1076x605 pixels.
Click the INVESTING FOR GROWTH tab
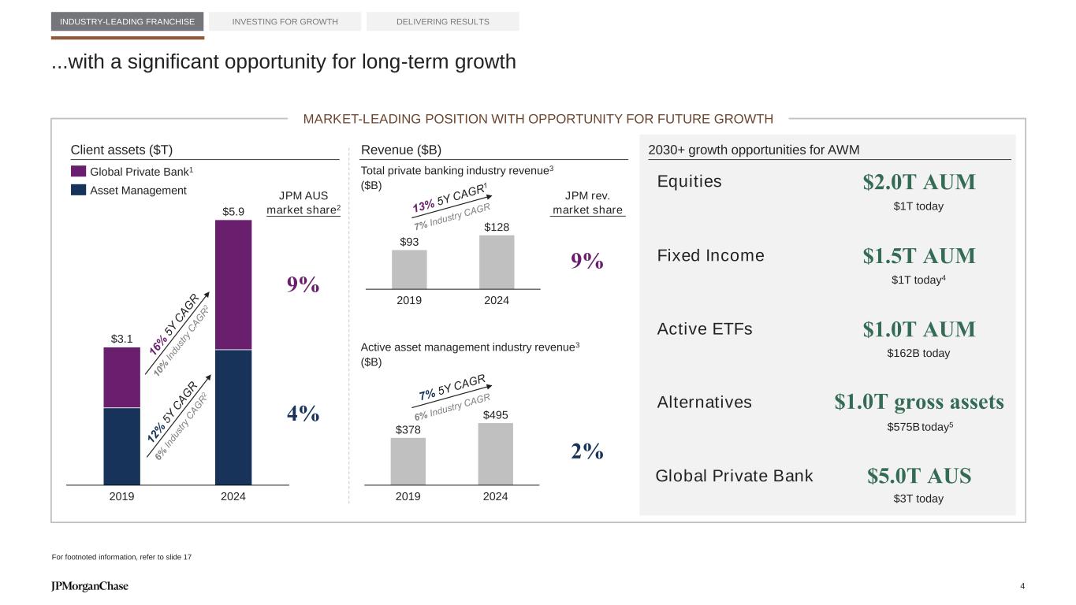(285, 21)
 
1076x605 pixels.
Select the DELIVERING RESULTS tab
(442, 21)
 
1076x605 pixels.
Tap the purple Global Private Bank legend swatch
(78, 171)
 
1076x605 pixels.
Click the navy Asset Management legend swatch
(78, 190)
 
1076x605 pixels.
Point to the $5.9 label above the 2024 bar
(233, 211)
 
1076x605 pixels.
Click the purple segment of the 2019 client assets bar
(121, 377)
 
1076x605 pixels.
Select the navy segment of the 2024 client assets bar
(233, 417)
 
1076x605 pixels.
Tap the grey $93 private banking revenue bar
(409, 269)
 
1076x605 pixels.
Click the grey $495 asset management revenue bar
(495, 454)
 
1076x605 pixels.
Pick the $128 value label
(497, 227)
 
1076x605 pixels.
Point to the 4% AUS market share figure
(303, 414)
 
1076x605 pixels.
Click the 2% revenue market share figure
(586, 451)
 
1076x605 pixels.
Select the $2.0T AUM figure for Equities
(918, 183)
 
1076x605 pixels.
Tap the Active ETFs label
(705, 328)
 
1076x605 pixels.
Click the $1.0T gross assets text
(918, 403)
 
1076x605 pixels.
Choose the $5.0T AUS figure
(918, 476)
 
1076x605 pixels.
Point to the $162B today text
(918, 354)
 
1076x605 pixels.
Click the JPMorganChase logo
(89, 586)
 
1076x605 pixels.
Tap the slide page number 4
(1022, 586)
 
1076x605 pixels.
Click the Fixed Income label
(710, 255)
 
